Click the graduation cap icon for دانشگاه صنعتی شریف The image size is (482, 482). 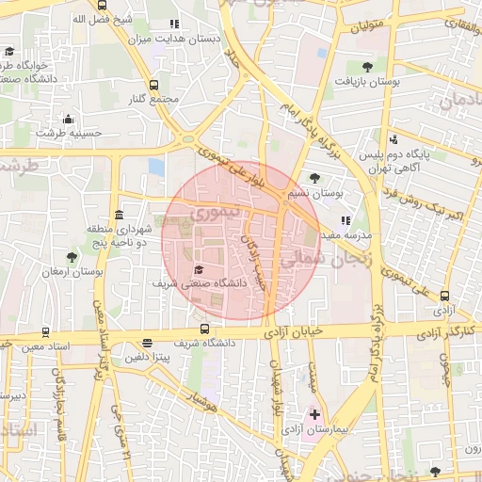[198, 270]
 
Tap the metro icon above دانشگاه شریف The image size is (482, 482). [205, 329]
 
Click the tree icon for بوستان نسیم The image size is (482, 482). [314, 178]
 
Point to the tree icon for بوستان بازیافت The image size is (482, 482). [366, 67]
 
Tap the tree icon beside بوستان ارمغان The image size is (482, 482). [72, 256]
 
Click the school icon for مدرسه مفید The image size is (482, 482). [345, 219]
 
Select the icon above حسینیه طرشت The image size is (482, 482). [68, 119]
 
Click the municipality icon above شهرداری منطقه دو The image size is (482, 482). [119, 215]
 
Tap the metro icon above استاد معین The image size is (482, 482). [45, 332]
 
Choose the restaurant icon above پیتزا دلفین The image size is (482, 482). [146, 344]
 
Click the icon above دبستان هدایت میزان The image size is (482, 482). [172, 24]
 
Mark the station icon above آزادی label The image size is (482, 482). [444, 295]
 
